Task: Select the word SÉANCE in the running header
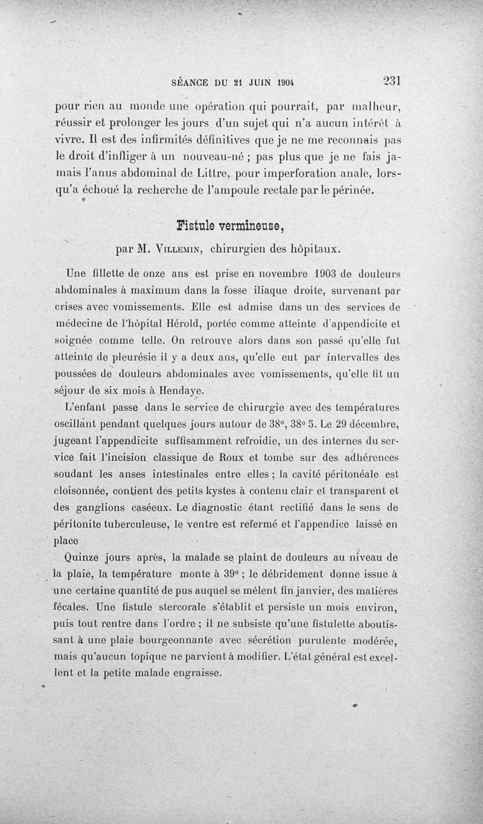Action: tap(191, 83)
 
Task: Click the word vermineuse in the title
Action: tap(252, 227)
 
